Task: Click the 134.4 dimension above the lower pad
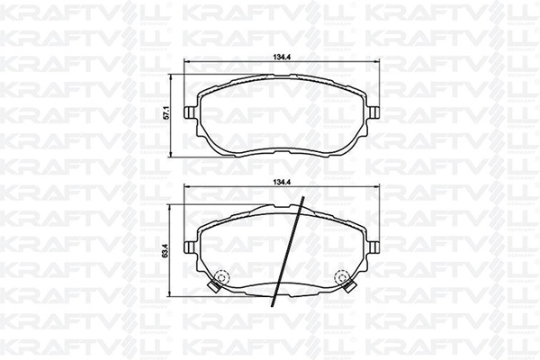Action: pos(280,184)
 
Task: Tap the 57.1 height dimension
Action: pos(164,115)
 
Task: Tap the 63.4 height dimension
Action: pos(164,245)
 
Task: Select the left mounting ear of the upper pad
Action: pos(190,113)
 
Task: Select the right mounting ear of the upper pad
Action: pos(372,113)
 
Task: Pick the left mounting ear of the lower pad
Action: pos(190,245)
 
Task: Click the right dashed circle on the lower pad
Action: pos(342,277)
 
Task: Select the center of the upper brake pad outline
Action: pos(280,115)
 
